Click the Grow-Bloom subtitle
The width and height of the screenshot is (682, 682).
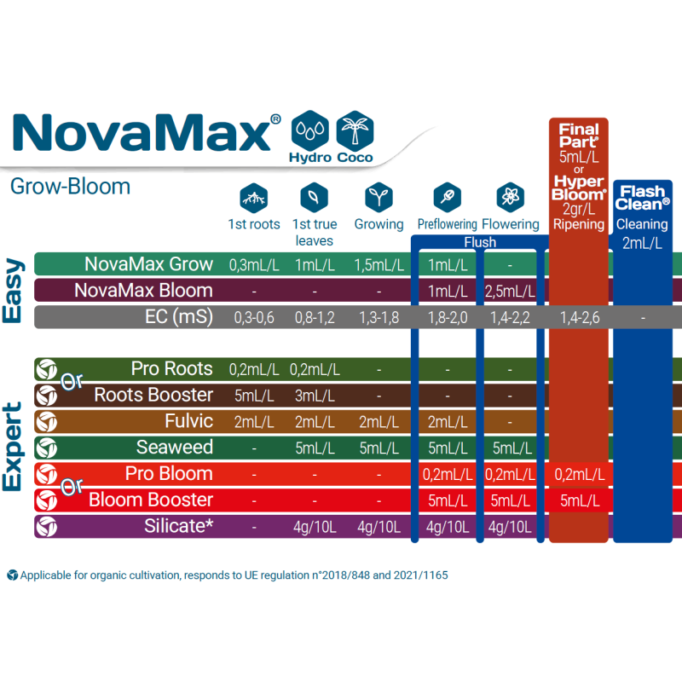click(x=70, y=186)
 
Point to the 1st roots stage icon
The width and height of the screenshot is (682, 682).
click(x=253, y=198)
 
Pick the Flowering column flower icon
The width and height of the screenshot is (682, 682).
click(x=510, y=198)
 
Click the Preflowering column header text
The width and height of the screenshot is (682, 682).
click(x=447, y=224)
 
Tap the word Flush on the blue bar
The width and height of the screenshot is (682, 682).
click(x=480, y=242)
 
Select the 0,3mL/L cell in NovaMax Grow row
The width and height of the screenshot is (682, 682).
click(x=254, y=264)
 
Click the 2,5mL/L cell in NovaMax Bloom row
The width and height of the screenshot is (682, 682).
click(x=510, y=291)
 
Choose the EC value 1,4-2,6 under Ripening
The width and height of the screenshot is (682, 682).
click(x=579, y=317)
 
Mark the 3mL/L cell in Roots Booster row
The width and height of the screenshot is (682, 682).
click(x=315, y=396)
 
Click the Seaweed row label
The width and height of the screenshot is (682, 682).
click(x=174, y=448)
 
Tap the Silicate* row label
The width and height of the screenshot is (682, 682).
click(x=178, y=526)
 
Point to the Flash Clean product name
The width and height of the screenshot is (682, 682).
click(x=643, y=198)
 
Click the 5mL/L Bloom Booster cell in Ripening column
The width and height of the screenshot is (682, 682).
click(x=579, y=500)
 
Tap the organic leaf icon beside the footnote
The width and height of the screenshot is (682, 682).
click(x=12, y=575)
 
